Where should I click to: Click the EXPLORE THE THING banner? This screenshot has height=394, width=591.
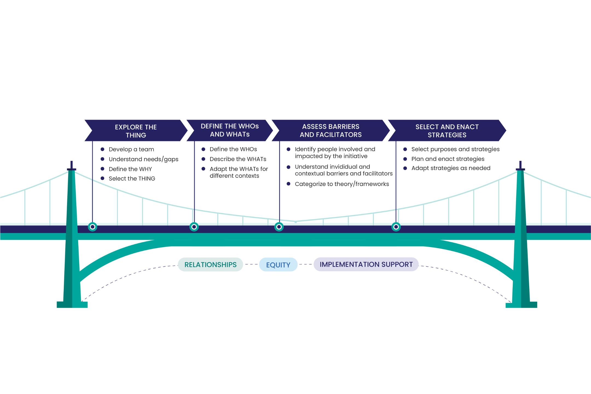(136, 131)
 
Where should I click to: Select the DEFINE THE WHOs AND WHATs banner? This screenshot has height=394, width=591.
(230, 130)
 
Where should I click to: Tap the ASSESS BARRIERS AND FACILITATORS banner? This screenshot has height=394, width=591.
(331, 131)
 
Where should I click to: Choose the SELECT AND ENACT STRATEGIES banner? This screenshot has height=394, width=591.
(447, 131)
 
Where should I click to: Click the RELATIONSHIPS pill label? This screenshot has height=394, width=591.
(210, 265)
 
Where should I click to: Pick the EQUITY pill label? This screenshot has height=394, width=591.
(278, 265)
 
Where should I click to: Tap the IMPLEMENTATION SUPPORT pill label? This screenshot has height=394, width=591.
(366, 264)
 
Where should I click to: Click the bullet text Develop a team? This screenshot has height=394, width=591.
(131, 149)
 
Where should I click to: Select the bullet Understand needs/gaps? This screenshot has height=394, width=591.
(143, 159)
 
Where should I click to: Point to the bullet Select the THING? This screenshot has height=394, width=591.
(132, 179)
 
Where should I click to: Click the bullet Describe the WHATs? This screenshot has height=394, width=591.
(238, 159)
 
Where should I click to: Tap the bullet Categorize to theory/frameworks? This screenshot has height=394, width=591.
(342, 184)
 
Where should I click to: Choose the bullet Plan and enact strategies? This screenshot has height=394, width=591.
(448, 159)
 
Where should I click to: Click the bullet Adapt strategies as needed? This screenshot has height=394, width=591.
(451, 168)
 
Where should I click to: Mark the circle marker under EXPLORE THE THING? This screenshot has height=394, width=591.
(92, 227)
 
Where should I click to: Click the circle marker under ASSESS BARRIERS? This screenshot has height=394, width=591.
(279, 227)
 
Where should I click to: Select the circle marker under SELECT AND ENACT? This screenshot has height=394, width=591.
(396, 227)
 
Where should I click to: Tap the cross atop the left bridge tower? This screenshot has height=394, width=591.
(71, 166)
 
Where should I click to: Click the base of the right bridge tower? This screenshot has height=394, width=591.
(521, 304)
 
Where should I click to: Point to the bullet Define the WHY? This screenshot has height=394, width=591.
(130, 169)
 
